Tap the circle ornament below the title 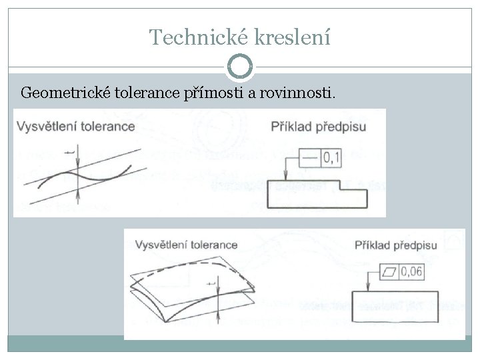240,67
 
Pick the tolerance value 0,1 331,158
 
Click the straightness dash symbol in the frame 310,158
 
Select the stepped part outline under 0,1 316,196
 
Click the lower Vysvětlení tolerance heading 186,245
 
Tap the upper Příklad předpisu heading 319,125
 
